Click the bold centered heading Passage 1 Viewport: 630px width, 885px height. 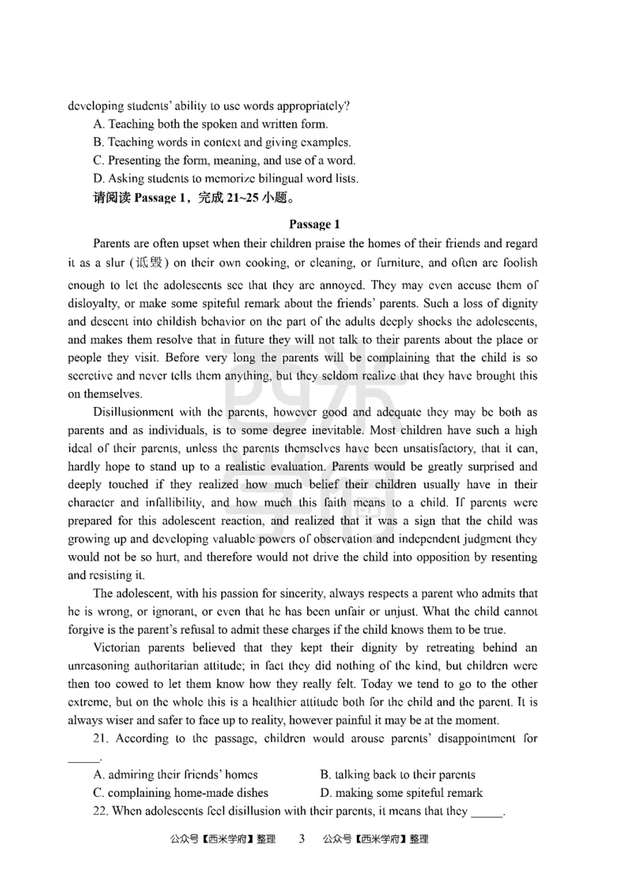click(x=314, y=224)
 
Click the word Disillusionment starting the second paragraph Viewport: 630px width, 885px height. click(x=138, y=412)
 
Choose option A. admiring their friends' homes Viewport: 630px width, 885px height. click(x=175, y=774)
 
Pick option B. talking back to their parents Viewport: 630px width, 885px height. click(x=398, y=774)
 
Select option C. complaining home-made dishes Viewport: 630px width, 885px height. click(x=180, y=793)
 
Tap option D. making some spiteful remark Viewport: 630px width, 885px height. click(x=402, y=793)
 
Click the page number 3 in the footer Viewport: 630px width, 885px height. click(x=300, y=839)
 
